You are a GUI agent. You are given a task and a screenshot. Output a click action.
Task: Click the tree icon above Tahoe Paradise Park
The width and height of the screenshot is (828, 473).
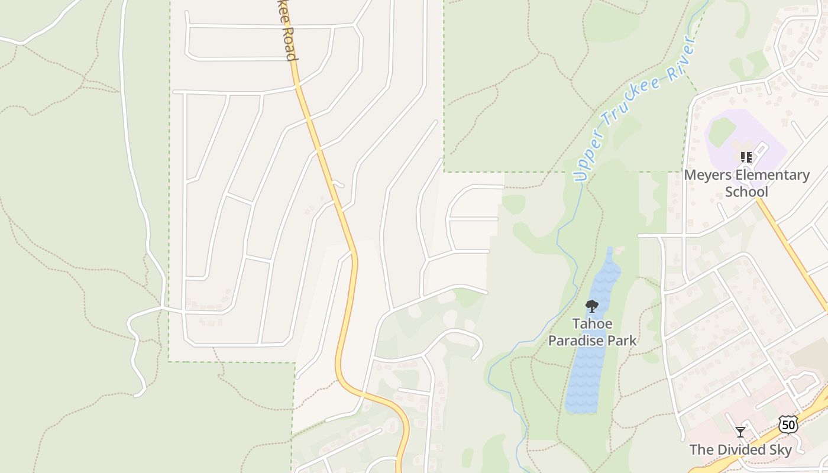[591, 306]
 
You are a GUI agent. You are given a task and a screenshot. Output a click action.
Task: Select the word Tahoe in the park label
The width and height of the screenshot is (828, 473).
[592, 324]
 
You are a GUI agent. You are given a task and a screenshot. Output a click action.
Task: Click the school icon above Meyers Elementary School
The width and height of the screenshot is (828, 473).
[746, 157]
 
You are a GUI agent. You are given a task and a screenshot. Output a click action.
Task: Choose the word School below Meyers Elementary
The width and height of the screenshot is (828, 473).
[746, 192]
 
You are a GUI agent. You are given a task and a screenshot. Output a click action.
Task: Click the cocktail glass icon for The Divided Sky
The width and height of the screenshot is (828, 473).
[740, 432]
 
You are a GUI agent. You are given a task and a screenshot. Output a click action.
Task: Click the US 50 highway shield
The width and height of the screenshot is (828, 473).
[787, 424]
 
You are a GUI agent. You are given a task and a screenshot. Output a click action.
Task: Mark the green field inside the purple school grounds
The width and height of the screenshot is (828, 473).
[722, 131]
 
